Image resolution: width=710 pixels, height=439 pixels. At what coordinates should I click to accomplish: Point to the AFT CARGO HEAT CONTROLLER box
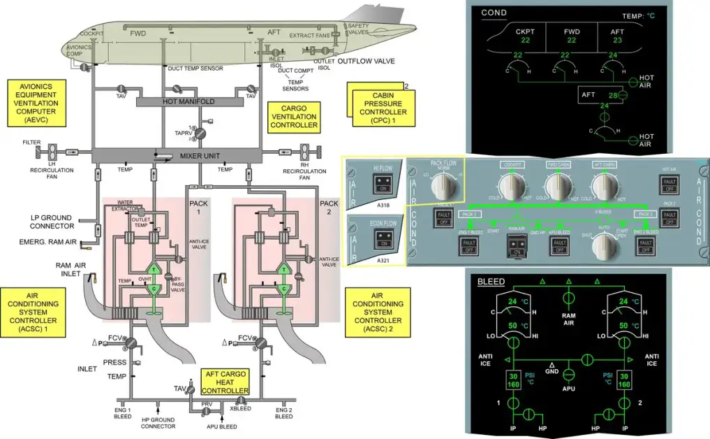(225, 381)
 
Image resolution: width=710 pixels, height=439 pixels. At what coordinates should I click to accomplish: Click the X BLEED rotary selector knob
(605, 246)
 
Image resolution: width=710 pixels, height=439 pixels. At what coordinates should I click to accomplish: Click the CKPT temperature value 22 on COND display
(525, 41)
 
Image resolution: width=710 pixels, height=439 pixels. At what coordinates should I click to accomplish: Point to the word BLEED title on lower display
(491, 282)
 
